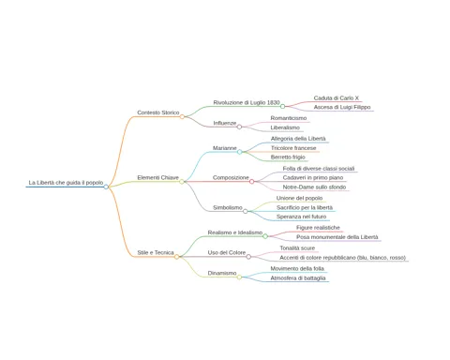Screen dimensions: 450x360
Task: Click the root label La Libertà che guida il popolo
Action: point(66,183)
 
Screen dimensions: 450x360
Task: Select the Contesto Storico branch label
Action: point(158,112)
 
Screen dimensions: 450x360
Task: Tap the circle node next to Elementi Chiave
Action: point(182,182)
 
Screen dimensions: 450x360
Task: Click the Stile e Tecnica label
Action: point(156,252)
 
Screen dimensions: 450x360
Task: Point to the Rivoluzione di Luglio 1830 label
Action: point(247,102)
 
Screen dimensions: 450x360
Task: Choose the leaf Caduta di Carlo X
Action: point(337,98)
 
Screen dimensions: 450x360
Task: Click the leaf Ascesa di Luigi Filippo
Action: point(342,107)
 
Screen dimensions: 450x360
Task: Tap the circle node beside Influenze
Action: point(239,127)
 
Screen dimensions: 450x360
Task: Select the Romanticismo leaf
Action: point(289,118)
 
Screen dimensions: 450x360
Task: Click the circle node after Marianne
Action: point(240,152)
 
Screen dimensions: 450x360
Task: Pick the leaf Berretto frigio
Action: point(288,157)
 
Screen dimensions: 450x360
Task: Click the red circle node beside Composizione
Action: point(252,182)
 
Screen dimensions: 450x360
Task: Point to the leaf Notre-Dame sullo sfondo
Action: point(314,187)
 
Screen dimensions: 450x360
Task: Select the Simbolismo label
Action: point(228,207)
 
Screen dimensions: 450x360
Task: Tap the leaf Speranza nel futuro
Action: point(301,217)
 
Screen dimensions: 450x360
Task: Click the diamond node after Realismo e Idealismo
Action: point(265,236)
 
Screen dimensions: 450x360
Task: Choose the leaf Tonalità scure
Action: point(297,248)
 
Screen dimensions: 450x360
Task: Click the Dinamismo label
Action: point(222,273)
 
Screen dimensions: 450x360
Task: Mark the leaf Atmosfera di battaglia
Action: point(298,278)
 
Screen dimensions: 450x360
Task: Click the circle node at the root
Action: point(106,187)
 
